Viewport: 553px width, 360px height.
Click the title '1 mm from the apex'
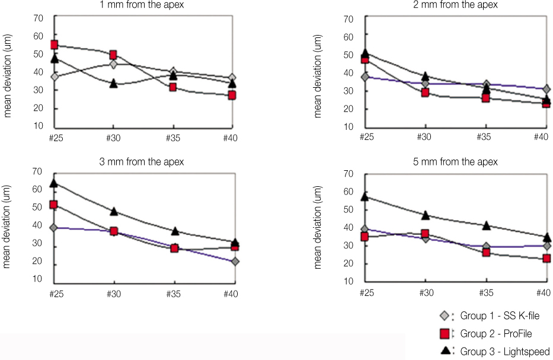[x=143, y=5]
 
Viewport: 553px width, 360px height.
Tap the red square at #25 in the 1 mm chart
[x=54, y=44]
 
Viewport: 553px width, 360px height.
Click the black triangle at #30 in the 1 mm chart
[x=113, y=83]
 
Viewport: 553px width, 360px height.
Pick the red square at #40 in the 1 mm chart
[x=232, y=95]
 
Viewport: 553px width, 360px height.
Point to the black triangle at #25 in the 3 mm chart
[x=54, y=183]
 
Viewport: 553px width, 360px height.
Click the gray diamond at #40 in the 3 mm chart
[x=235, y=261]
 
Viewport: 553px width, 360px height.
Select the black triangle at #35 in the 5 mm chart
[x=486, y=225]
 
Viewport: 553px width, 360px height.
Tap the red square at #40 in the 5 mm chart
[x=546, y=259]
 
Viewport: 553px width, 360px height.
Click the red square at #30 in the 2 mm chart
[x=425, y=93]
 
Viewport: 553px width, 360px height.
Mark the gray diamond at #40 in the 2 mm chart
[x=546, y=89]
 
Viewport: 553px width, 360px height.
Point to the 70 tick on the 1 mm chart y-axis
[x=38, y=17]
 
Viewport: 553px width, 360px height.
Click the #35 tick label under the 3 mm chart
[x=173, y=294]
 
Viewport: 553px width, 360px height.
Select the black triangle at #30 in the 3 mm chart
[x=113, y=211]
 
